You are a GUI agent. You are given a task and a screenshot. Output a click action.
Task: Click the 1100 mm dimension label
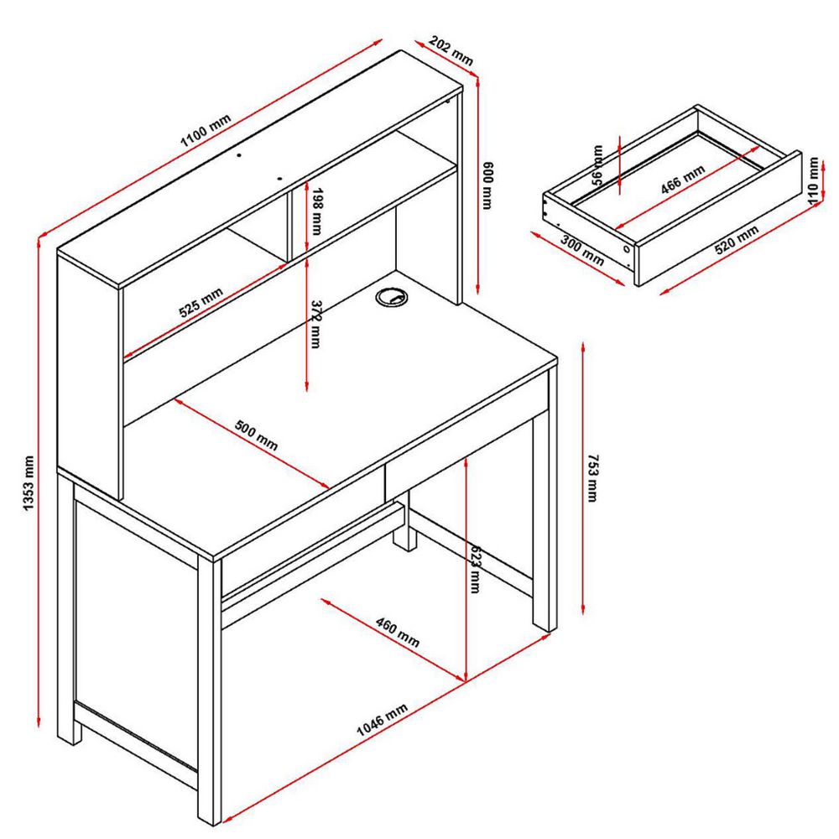tap(206, 131)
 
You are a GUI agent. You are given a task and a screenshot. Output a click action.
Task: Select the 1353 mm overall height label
tap(29, 483)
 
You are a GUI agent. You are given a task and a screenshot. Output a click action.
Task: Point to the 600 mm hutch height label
tap(487, 185)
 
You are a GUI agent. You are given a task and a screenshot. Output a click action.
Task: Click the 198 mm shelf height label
tap(316, 211)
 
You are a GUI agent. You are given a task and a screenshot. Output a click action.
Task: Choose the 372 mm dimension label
tap(315, 324)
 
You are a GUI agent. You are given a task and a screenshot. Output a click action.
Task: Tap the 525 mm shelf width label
tap(201, 303)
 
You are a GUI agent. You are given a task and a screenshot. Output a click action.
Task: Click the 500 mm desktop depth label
tap(256, 435)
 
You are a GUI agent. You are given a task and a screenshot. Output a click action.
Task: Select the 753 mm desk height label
tap(593, 478)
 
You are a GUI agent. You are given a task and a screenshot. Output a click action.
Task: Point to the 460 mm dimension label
tap(398, 632)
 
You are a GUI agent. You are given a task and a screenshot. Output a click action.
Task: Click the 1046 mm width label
tap(382, 719)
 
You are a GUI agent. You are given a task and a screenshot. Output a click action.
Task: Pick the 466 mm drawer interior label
tap(683, 180)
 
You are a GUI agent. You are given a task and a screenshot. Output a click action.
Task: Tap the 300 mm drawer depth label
tap(582, 250)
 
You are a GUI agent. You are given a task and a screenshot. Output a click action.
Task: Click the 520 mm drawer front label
tap(737, 240)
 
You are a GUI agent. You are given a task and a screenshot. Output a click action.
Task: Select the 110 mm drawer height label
tap(813, 180)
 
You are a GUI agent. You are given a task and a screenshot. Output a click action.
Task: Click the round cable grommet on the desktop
tap(391, 297)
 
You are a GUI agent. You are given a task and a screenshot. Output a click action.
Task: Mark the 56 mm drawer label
tap(597, 164)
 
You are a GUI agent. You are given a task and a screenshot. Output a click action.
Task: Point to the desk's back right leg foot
tap(404, 539)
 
